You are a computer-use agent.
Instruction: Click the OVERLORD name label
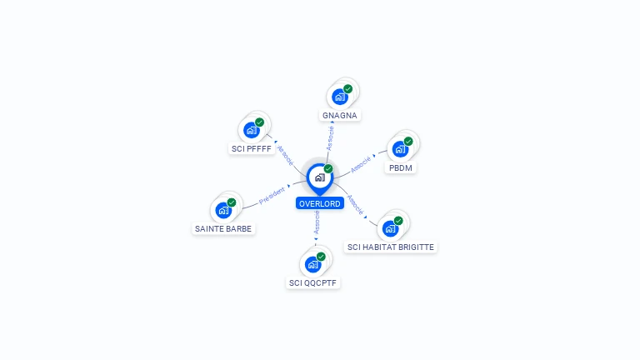point(320,203)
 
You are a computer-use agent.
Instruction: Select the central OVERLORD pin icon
point(320,178)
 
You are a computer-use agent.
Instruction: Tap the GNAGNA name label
point(340,116)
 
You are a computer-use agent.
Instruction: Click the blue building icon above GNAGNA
point(340,97)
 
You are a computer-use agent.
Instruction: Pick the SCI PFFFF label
point(252,149)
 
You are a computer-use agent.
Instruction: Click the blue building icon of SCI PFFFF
point(252,130)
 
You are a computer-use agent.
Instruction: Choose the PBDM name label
point(400,167)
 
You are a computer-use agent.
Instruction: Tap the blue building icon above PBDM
point(400,149)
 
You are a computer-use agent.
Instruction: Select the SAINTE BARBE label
point(223,228)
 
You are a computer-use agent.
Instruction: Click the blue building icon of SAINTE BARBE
point(223,210)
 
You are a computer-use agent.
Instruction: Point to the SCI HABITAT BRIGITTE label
point(391,247)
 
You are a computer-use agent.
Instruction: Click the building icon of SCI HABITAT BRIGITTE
point(390,228)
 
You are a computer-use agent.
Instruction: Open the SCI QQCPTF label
point(312,282)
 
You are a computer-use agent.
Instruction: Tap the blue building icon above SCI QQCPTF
point(312,264)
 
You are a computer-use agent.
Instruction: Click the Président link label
point(272,196)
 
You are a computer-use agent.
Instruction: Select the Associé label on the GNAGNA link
point(330,138)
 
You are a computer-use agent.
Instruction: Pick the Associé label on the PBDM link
point(361,164)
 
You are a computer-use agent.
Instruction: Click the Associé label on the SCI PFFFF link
point(285,156)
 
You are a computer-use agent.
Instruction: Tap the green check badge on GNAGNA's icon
point(347,89)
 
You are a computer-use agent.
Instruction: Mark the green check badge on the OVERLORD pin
point(328,168)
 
